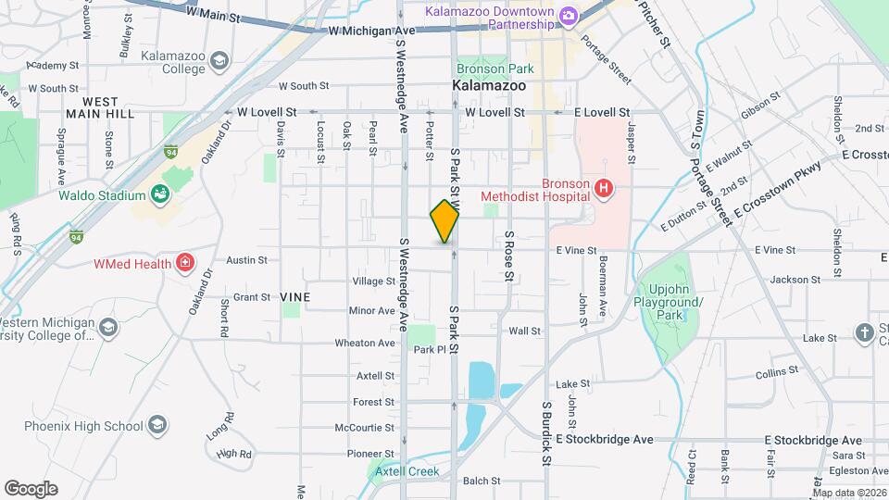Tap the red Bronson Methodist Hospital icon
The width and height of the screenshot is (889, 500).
[x=604, y=189]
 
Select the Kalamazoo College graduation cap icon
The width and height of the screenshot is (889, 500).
[x=219, y=62]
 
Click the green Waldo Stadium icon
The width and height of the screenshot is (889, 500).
[x=161, y=194]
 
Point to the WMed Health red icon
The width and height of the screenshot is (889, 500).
[x=185, y=263]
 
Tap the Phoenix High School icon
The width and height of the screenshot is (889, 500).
[x=157, y=425]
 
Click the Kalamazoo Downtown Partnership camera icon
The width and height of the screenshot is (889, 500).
[x=568, y=16]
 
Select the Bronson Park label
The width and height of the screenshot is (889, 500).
[x=482, y=69]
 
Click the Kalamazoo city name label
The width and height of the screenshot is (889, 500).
[x=489, y=85]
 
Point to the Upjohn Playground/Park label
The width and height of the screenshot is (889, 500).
[x=670, y=303]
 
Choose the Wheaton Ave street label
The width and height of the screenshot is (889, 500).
[x=365, y=343]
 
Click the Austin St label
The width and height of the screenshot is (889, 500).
[x=246, y=261]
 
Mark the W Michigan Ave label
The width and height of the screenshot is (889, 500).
[x=373, y=31]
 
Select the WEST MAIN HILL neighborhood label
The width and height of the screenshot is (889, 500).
[x=100, y=106]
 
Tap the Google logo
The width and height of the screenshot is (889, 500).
[x=31, y=488]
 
